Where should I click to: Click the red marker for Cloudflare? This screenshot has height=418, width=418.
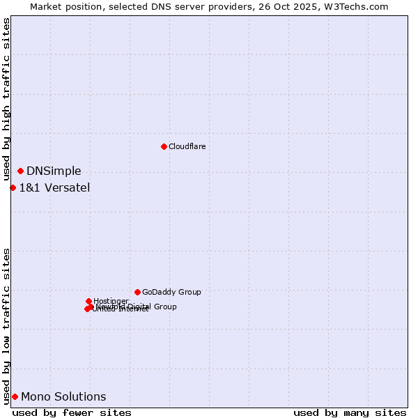tap(164, 146)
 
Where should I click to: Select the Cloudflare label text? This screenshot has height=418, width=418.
tap(187, 146)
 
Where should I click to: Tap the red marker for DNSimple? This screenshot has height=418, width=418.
tap(20, 171)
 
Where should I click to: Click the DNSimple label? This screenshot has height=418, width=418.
tap(54, 171)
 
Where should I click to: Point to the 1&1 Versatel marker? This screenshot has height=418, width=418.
tap(13, 187)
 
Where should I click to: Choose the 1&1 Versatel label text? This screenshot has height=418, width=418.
tap(54, 187)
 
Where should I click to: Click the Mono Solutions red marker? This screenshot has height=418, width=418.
tap(15, 396)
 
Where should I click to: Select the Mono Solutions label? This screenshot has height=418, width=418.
tap(63, 397)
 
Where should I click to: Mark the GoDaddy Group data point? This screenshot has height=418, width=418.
tap(137, 292)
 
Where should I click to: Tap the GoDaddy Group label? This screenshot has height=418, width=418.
tap(171, 293)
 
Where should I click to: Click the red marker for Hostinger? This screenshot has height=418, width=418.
tap(88, 301)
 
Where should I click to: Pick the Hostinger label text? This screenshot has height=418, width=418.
tap(111, 302)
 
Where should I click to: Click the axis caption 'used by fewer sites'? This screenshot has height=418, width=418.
tap(72, 412)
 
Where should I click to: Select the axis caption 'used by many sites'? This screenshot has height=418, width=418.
tap(350, 412)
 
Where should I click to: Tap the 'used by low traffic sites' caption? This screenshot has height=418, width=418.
tap(6, 325)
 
